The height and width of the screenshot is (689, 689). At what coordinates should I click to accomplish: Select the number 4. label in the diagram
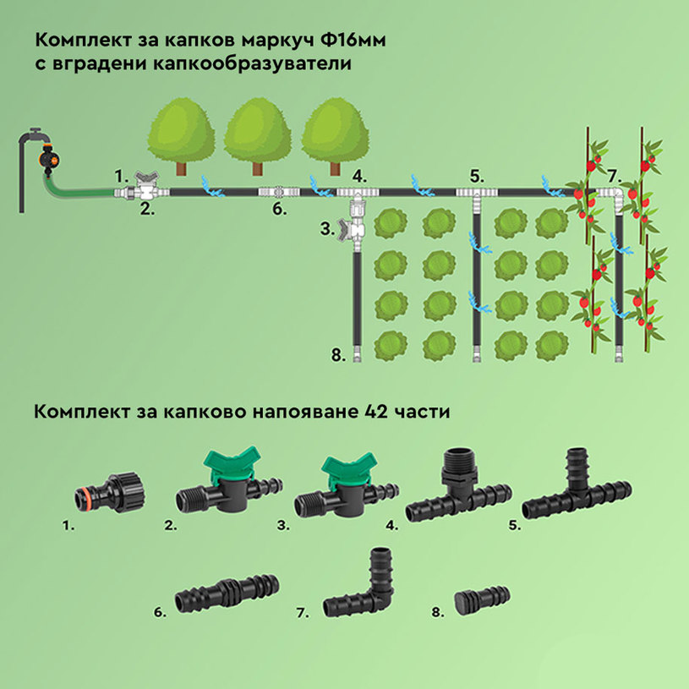coord(359,177)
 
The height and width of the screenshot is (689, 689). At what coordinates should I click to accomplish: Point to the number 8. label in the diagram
coord(338,356)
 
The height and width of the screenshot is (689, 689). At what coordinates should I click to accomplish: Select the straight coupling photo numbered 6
coord(228,597)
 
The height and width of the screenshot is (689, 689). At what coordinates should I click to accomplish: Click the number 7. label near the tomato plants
coord(613,177)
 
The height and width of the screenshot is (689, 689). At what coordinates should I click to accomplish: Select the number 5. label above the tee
coord(477,177)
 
